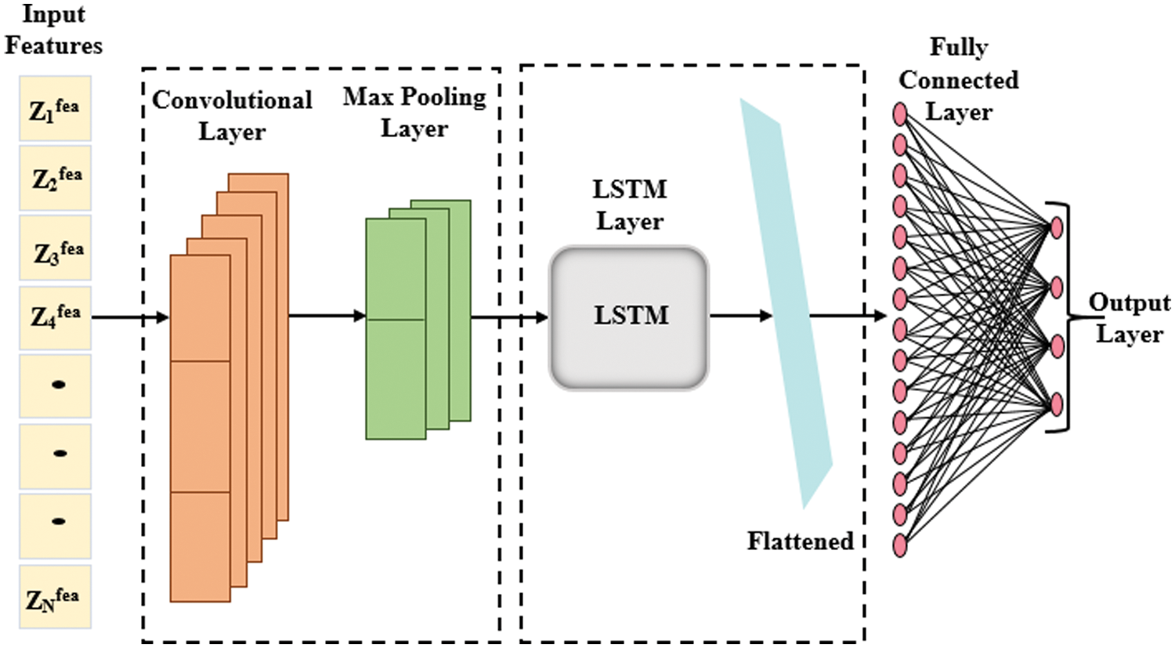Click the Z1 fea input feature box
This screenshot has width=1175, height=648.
click(55, 109)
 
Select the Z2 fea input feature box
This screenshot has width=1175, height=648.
click(55, 178)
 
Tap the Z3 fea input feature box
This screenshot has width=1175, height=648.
click(55, 249)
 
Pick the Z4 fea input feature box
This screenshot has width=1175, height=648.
click(55, 317)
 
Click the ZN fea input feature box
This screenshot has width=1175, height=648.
click(55, 597)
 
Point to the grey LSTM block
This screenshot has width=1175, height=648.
click(629, 317)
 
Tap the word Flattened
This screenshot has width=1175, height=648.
click(799, 541)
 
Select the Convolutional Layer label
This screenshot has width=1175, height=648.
click(232, 115)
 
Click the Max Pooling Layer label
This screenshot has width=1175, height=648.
click(414, 112)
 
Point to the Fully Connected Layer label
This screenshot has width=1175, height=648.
click(959, 80)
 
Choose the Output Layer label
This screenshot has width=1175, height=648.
click(1129, 318)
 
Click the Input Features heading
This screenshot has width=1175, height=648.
click(53, 30)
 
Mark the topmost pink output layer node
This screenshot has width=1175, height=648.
click(1056, 228)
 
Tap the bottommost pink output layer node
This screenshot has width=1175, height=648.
click(1056, 405)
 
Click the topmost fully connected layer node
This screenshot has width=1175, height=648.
click(900, 115)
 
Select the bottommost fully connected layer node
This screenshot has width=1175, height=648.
click(900, 545)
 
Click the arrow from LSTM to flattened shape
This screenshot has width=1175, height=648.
click(740, 317)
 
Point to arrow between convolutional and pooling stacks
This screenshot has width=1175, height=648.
click(327, 317)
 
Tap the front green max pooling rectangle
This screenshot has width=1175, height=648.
click(396, 329)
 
